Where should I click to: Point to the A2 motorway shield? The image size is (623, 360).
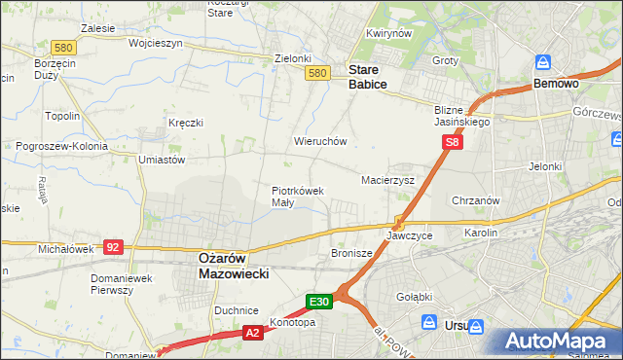[x=251, y=334]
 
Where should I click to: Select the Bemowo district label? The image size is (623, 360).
[x=557, y=85]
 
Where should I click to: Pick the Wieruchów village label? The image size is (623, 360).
[x=320, y=141]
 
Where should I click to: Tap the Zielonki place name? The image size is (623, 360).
[x=292, y=58]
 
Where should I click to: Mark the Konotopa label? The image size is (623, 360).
[x=293, y=322]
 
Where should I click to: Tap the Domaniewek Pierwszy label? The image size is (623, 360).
[x=120, y=283]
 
